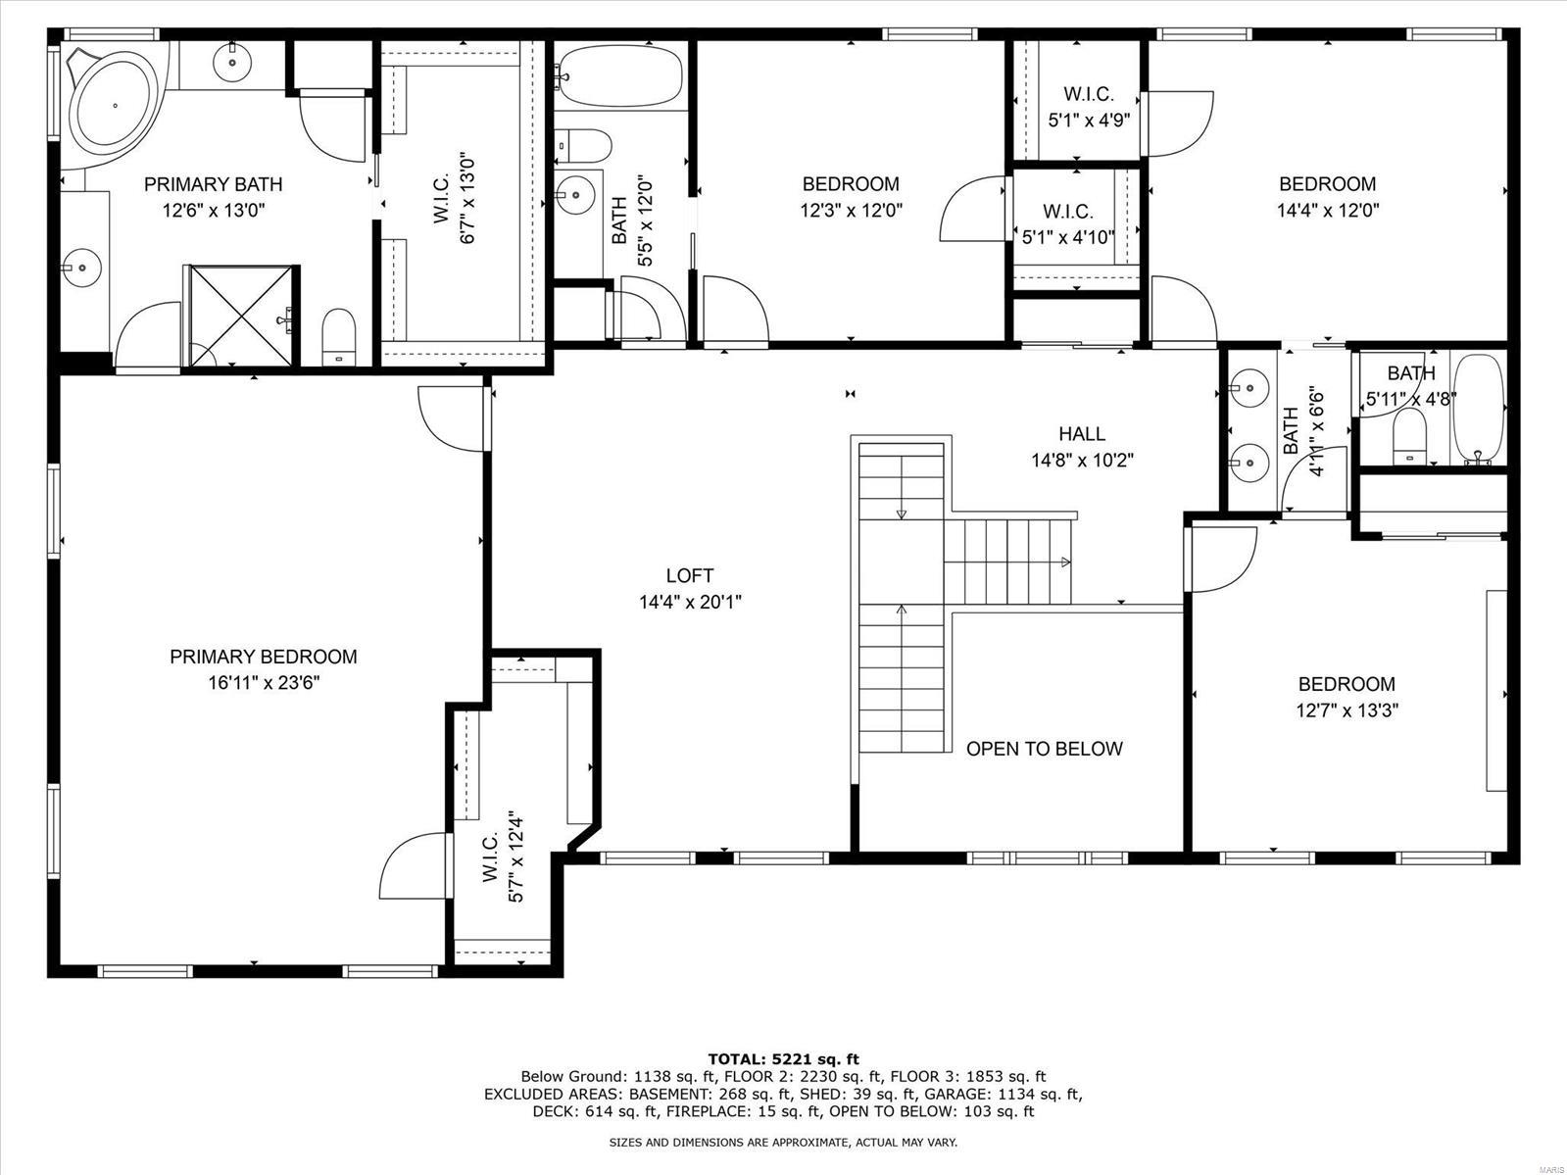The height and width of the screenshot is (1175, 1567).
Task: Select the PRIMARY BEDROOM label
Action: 263,658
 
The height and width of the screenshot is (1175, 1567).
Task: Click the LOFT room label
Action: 690,576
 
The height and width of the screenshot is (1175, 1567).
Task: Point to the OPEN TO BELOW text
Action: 1044,749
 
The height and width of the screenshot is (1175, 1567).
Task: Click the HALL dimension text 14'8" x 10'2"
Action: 1082,460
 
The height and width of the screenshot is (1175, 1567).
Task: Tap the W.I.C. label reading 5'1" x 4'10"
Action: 1068,236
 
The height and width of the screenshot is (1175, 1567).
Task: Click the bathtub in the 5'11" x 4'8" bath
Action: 1477,409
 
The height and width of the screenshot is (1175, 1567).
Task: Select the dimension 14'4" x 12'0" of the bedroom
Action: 1327,209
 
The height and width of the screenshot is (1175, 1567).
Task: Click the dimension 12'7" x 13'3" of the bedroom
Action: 1347,710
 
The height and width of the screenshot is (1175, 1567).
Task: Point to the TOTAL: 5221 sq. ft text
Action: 783,1058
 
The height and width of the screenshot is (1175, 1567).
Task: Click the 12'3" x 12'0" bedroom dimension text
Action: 850,209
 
